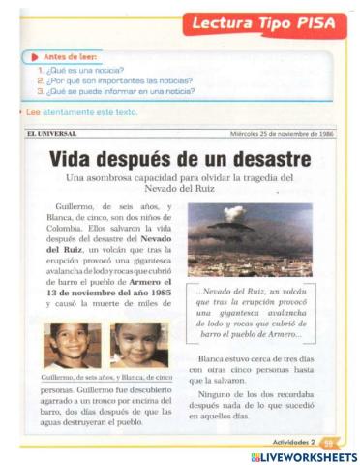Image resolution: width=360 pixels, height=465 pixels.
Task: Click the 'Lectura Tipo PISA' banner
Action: [x=262, y=23]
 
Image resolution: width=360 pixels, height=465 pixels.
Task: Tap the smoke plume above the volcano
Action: [x=235, y=213]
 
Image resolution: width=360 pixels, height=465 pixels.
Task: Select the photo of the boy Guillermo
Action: [x=72, y=344]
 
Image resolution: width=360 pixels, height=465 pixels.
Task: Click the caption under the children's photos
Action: [x=106, y=376]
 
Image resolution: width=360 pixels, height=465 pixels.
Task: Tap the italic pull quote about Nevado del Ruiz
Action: [x=250, y=311]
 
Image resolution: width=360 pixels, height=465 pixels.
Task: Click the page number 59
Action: [x=327, y=441]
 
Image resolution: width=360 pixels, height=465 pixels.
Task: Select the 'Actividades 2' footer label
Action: [x=294, y=441]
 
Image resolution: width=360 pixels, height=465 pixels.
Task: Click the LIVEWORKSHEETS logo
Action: [x=303, y=456]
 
